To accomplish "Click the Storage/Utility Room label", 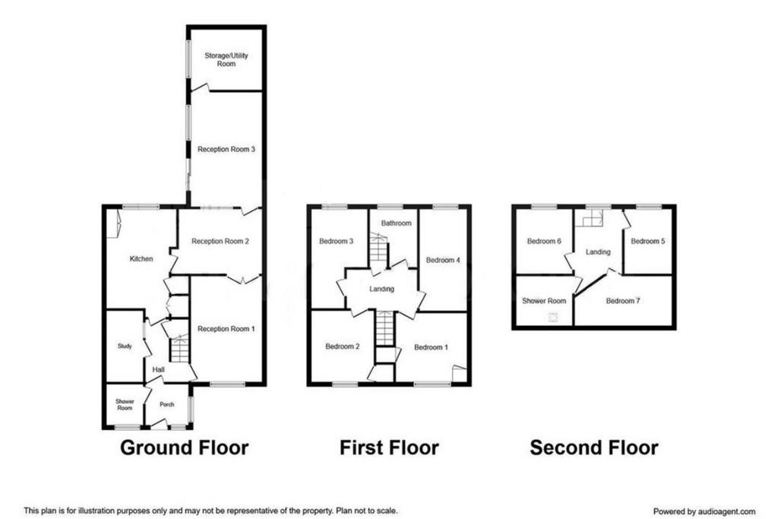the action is point(226,59).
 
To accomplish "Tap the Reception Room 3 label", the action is point(226,149).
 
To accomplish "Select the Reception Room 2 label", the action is point(220,241).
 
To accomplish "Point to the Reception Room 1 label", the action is point(226,328).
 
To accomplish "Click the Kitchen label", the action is point(141,258).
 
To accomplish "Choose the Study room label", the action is point(125,346).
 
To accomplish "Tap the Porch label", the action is point(166,404).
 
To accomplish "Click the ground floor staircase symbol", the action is point(179,348).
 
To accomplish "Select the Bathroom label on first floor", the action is point(396,223).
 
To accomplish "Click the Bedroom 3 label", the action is point(337,241).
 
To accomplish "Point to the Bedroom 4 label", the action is point(443,260).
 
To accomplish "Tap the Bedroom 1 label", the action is point(432,347).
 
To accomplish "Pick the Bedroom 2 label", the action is point(343,347).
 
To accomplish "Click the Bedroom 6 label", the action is point(544,241).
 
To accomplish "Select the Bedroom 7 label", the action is point(623,301).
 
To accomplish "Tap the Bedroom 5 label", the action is point(648,241).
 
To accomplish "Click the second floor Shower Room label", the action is point(544,301).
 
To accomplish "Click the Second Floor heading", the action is point(594,448).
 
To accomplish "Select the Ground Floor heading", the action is point(184,448).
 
